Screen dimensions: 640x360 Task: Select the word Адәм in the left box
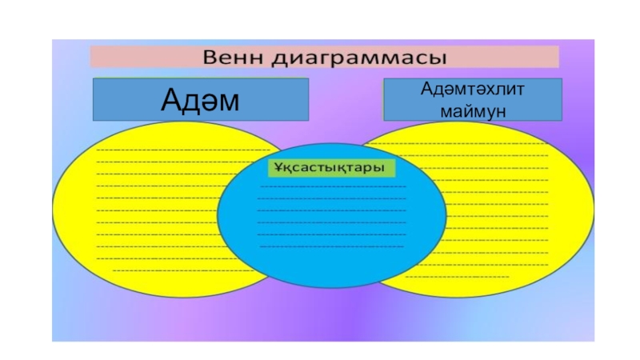click(200, 100)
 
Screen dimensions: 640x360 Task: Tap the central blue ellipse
click(330, 232)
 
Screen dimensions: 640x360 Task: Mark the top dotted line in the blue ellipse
click(332, 186)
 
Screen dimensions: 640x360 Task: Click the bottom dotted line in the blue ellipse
click(330, 246)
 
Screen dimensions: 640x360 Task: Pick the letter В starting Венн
click(212, 57)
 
